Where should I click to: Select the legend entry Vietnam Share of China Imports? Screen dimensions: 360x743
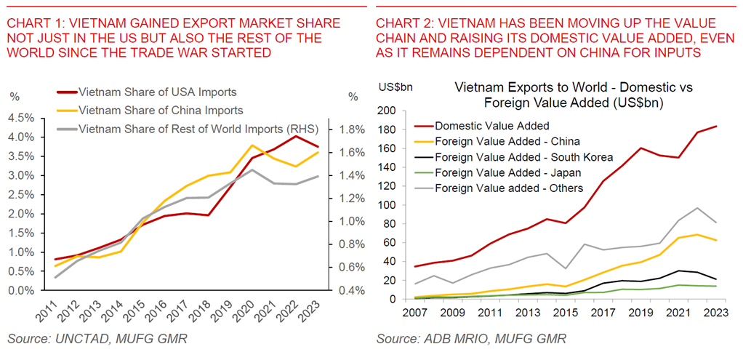[161, 111]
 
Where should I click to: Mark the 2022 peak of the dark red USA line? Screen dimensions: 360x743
[294, 136]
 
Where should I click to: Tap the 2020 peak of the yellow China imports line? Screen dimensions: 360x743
[252, 145]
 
